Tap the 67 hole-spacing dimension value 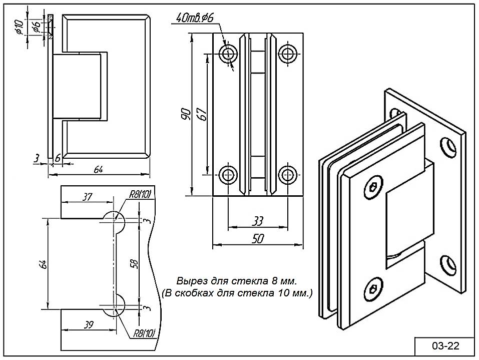(x=201, y=115)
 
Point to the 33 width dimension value (x=258, y=221)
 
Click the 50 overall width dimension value (x=258, y=239)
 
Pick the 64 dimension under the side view (x=99, y=169)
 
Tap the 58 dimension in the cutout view (x=133, y=263)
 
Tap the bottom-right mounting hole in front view (x=287, y=175)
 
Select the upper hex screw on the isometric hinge (x=373, y=189)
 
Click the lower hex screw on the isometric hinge (x=373, y=289)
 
